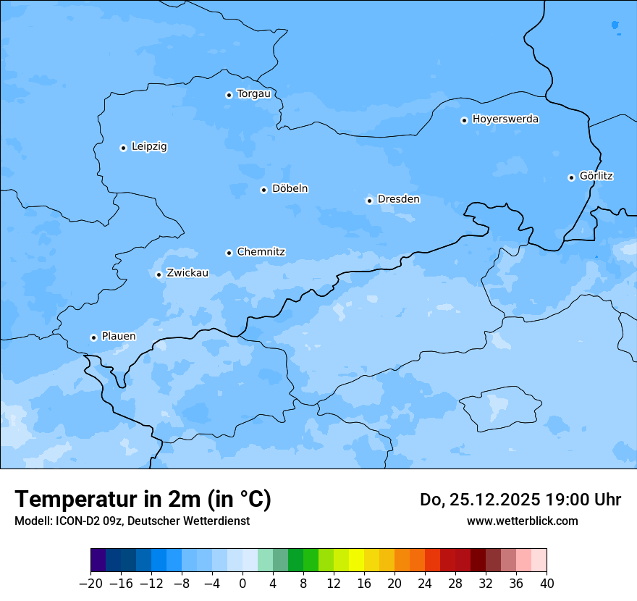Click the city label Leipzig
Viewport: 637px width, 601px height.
click(x=149, y=146)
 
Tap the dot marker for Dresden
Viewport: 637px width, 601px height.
click(x=369, y=201)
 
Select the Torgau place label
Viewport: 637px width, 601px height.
click(x=253, y=93)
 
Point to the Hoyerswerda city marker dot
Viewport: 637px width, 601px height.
click(x=464, y=120)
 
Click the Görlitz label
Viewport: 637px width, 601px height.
click(x=596, y=176)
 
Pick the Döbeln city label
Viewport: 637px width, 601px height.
click(x=290, y=189)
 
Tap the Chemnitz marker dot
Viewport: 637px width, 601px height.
click(x=229, y=253)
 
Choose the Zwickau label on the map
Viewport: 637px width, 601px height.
click(x=187, y=273)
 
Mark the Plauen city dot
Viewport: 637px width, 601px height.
click(x=93, y=337)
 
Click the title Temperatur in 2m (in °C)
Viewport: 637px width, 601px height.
click(x=143, y=500)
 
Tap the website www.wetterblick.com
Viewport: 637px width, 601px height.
click(x=522, y=521)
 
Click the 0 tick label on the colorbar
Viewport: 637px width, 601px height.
click(x=242, y=584)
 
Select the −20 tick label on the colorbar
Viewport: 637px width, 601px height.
click(x=90, y=584)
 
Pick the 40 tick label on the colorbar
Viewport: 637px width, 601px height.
click(x=547, y=584)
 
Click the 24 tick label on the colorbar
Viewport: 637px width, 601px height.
click(x=425, y=584)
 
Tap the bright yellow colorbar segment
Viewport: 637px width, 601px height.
click(x=356, y=560)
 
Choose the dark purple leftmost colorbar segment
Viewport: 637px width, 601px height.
click(x=98, y=560)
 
